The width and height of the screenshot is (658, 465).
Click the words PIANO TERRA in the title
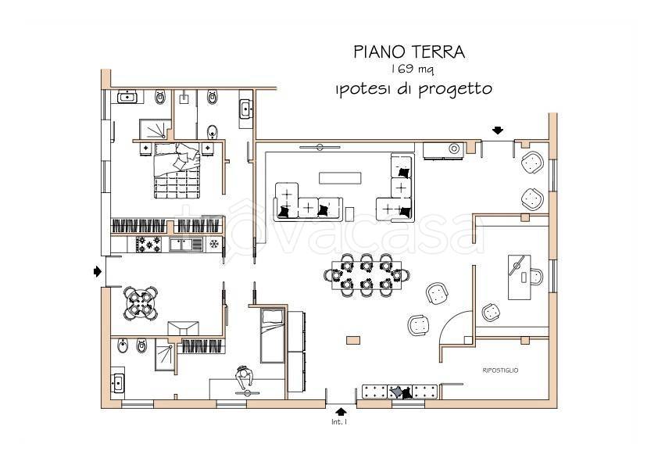point(409,52)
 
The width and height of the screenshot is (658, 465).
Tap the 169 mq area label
point(410,70)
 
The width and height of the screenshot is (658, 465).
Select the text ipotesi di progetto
point(412,88)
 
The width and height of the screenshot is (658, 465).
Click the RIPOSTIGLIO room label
point(500,370)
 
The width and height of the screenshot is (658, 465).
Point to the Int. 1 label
point(339,423)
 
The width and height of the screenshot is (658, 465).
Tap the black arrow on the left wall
point(97,271)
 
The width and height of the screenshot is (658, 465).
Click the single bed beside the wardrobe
point(271,335)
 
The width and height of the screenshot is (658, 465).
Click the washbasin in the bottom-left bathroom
point(118,384)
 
